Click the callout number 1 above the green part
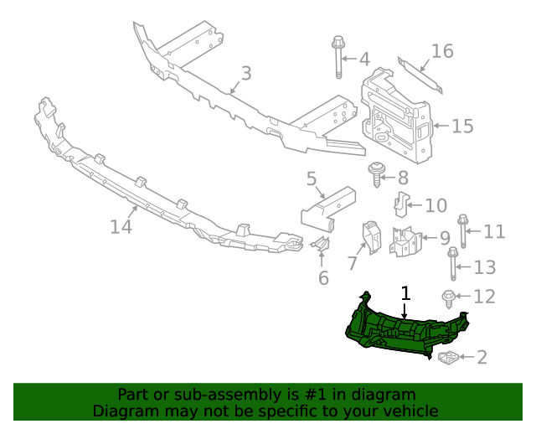pos(406,293)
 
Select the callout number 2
pos(482,358)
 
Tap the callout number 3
pos(245,74)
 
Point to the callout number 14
pos(121,226)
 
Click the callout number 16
pos(442,52)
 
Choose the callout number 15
pos(462,127)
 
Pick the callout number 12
pos(484,297)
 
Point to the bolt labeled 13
pos(453,264)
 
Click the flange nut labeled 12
pos(449,297)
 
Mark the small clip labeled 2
pos(449,359)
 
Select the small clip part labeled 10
pos(402,204)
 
